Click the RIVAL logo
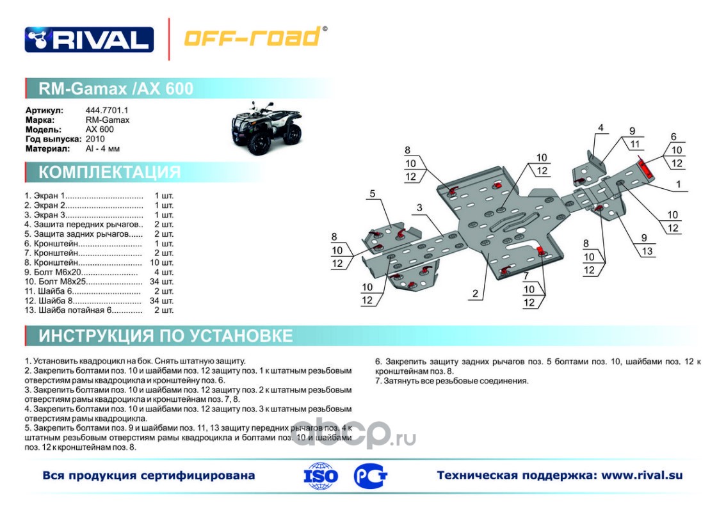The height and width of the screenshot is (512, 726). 89,39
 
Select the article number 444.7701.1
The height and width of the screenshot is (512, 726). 107,110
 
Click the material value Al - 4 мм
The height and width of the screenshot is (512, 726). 102,148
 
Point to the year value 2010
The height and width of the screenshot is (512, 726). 95,139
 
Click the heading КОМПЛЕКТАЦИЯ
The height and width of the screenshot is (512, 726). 109,172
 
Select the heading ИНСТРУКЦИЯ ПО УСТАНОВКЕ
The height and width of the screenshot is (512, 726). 165,335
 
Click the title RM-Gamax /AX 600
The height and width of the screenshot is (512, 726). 116,88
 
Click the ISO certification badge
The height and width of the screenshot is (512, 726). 320,476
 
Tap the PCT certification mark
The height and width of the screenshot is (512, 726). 370,476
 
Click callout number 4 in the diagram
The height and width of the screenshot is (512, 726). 601,128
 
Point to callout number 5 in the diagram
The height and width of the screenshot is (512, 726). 372,194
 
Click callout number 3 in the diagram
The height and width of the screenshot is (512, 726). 419,208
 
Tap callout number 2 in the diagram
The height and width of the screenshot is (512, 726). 475,294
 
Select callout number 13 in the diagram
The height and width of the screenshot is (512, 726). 647,251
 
